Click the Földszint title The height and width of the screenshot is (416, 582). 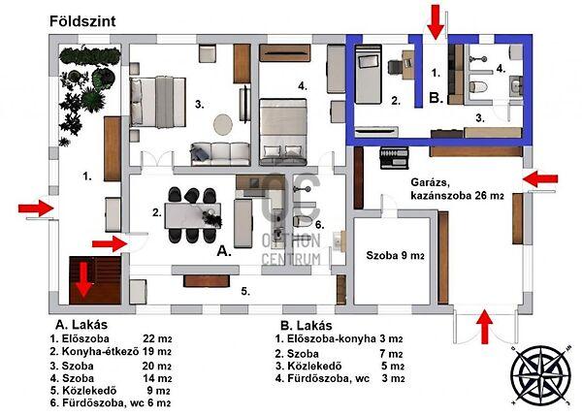[82, 21]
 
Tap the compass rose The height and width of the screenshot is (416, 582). [540, 375]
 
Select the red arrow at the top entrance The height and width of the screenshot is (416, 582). [436, 22]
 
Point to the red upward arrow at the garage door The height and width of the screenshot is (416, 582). [484, 328]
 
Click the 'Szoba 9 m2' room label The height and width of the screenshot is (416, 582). [395, 256]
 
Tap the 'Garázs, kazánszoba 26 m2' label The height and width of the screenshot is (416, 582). [457, 189]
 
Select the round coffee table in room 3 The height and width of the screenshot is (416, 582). [223, 124]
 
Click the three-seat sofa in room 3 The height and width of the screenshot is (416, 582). [220, 153]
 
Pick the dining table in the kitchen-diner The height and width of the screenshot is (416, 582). [193, 215]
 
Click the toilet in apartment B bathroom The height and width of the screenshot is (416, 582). [478, 87]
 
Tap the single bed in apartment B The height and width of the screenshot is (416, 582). [369, 75]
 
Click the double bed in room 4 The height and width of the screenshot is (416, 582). [283, 132]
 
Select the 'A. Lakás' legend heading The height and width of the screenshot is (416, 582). [81, 325]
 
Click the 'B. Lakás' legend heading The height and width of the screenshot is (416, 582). [307, 326]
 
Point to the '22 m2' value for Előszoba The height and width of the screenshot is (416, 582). [157, 338]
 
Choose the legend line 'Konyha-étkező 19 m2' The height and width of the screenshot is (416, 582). [111, 351]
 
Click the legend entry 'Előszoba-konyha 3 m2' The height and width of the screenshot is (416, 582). [339, 338]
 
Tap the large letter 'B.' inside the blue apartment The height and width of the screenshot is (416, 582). [436, 98]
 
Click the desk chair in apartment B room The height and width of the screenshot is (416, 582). [395, 67]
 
